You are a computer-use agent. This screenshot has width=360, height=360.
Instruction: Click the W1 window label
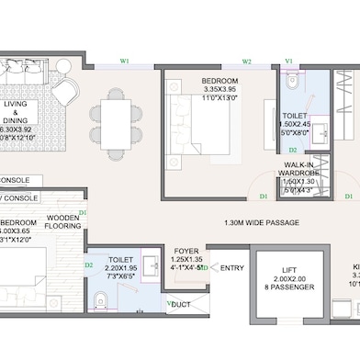tap(123, 62)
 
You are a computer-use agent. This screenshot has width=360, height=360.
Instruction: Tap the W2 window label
tap(247, 62)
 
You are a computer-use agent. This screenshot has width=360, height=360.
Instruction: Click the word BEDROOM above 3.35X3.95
tap(219, 81)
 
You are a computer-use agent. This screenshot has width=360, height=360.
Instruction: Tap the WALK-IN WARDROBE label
tap(299, 170)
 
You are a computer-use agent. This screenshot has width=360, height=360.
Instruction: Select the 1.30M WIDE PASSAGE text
tap(262, 222)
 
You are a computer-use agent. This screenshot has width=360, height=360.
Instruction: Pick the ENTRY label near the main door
tap(232, 268)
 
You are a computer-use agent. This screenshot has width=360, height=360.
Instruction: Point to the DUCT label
tap(181, 304)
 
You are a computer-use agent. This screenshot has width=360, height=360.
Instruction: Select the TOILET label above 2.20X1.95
tap(121, 261)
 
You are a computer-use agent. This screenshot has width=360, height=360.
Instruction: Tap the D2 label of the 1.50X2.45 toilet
tap(293, 150)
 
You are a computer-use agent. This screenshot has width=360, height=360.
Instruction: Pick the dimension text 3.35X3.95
tap(219, 90)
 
